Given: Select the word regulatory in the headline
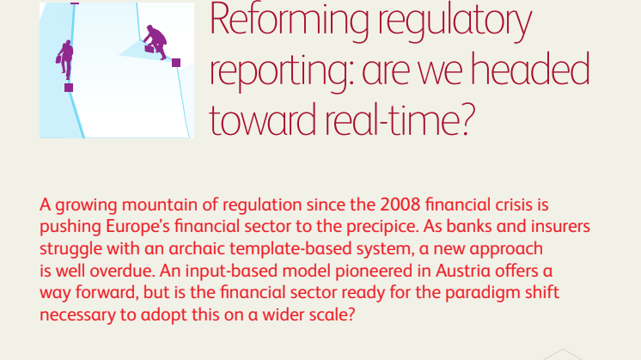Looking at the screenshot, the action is click(x=455, y=22).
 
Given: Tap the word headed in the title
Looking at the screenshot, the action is click(x=530, y=70).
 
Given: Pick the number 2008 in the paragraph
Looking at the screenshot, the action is click(x=400, y=204).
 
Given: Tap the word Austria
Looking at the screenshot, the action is click(x=463, y=271).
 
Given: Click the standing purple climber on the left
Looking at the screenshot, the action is click(x=65, y=59).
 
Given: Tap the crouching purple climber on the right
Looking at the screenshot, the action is click(x=156, y=42).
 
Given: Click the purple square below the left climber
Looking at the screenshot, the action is click(x=69, y=88).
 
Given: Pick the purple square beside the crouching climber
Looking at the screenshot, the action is click(x=176, y=63).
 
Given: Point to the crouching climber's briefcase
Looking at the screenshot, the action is click(x=150, y=49).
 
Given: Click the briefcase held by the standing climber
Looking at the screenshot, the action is click(x=58, y=59).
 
